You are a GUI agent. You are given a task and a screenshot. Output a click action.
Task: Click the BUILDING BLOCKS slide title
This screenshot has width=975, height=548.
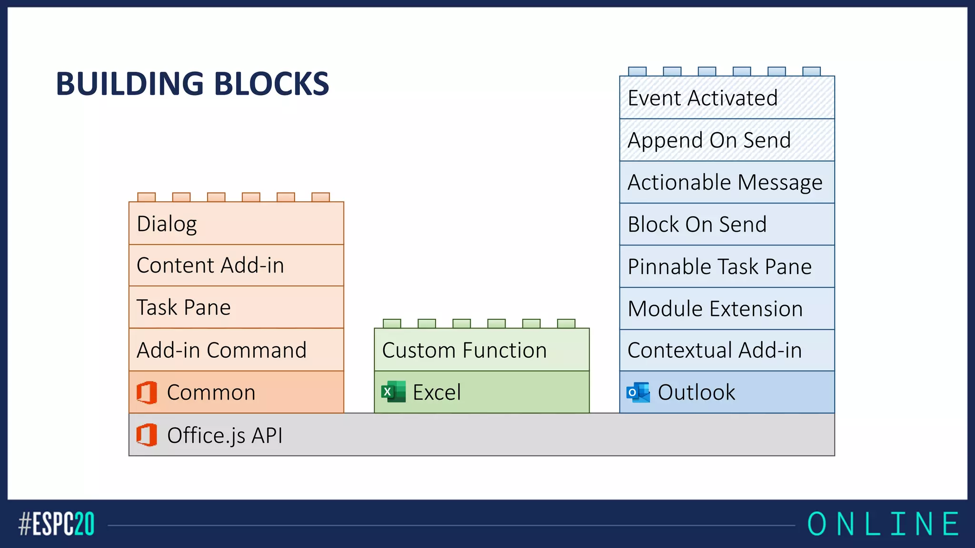[192, 84]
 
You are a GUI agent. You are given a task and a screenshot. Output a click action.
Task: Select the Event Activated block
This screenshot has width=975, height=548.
[726, 98]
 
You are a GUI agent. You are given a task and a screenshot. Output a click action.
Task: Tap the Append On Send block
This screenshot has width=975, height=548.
[726, 140]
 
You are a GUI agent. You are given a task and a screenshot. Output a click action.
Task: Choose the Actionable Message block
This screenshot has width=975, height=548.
[726, 182]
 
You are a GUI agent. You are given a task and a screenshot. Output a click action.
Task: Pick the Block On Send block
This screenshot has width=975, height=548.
[726, 224]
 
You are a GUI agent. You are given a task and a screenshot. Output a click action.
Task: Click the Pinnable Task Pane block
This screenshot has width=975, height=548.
[726, 266]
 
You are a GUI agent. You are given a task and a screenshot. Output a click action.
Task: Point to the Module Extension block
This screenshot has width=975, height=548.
[726, 308]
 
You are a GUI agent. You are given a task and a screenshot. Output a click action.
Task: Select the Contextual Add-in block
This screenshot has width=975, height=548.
[726, 350]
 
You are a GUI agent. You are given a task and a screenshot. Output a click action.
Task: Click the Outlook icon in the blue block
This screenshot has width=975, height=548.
[638, 392]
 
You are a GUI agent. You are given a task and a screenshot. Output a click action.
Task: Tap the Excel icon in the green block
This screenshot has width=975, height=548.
[393, 392]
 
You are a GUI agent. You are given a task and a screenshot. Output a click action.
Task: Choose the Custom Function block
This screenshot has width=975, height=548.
[481, 350]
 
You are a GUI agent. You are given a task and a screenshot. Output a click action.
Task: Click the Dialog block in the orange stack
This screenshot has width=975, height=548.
[236, 224]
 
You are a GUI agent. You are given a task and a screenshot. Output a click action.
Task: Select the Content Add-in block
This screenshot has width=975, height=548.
[236, 265]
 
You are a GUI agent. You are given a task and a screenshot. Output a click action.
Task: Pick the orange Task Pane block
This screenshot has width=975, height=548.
[236, 307]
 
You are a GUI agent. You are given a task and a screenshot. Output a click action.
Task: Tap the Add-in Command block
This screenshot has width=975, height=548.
[236, 350]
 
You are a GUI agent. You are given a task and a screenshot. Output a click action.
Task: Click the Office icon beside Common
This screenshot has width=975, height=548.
[147, 392]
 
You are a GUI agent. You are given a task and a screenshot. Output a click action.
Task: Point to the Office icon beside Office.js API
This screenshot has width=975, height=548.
[147, 435]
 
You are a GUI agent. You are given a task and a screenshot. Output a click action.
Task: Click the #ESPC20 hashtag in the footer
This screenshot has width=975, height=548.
[56, 524]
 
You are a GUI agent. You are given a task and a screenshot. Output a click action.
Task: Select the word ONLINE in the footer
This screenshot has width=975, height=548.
[883, 524]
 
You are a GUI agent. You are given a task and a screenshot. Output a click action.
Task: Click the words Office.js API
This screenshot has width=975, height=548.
[225, 435]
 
